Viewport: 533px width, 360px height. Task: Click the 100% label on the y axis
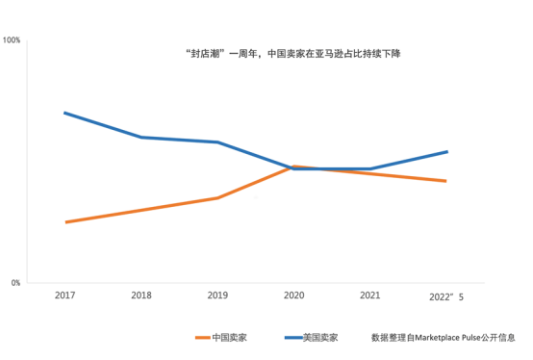point(12,40)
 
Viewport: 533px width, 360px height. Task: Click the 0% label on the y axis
point(15,283)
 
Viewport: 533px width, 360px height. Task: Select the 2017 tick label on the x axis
point(64,296)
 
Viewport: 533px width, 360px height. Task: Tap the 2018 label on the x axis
point(141,296)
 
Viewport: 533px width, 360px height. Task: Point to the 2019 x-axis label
point(217,296)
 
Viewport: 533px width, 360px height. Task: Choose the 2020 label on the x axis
point(294,296)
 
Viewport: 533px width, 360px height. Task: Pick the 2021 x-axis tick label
point(369,296)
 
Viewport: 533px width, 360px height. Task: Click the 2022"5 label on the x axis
point(446,297)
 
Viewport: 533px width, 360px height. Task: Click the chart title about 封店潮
point(293,54)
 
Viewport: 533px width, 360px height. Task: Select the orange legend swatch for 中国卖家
point(203,338)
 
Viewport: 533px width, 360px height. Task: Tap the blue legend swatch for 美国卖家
point(293,338)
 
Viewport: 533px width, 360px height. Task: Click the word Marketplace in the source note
point(437,338)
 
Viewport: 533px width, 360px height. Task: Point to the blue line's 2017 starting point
point(64,113)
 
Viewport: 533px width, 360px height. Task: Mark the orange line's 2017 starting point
point(66,222)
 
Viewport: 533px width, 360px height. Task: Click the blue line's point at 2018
point(141,138)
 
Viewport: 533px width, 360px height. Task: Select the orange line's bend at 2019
point(217,198)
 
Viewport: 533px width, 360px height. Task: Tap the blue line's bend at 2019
point(217,142)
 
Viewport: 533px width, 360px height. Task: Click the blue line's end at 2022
point(447,152)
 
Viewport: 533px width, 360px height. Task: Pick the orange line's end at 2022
point(445,181)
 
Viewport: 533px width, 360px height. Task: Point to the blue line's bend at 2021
point(370,168)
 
